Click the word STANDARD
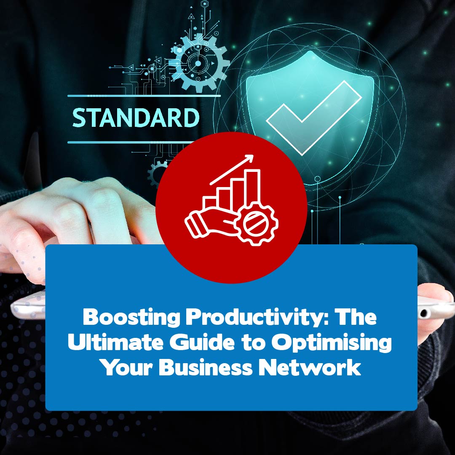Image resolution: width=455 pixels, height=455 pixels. [136, 118]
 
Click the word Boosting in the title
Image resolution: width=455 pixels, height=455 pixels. [131, 318]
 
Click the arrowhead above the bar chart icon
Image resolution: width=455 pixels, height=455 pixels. [249, 159]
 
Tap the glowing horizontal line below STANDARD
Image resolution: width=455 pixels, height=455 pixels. [131, 142]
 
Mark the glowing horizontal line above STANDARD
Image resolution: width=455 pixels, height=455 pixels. [144, 96]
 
